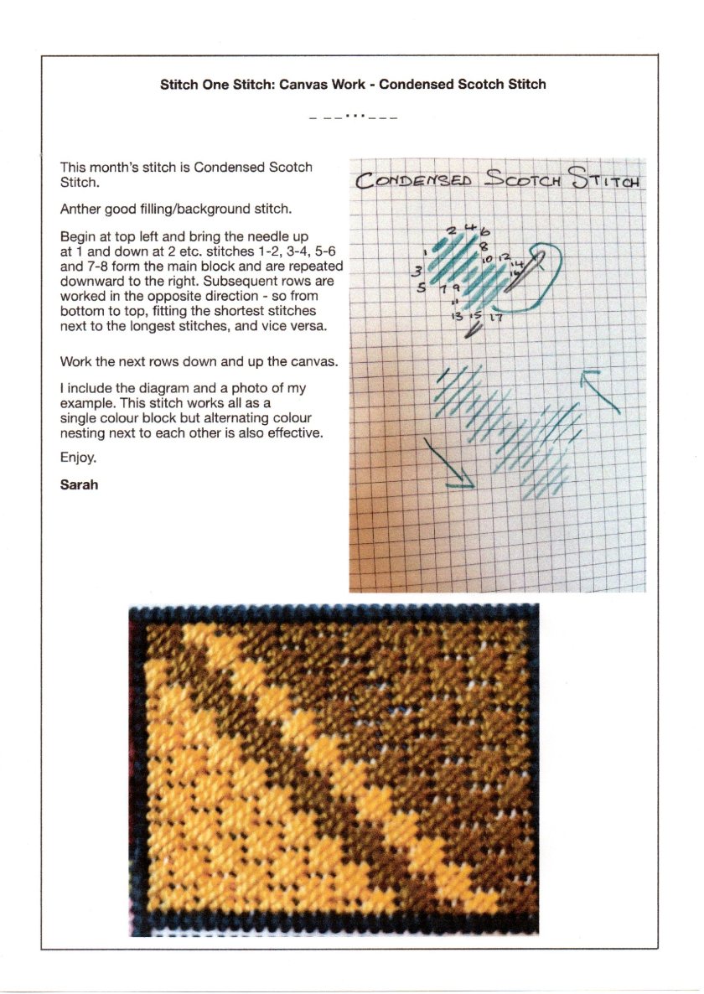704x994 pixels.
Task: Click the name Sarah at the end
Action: (x=79, y=484)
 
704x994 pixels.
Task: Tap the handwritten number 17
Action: (x=497, y=318)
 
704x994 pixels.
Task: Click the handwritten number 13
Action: (x=457, y=317)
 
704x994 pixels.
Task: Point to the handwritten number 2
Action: (x=452, y=230)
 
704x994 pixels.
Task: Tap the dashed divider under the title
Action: (x=352, y=116)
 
